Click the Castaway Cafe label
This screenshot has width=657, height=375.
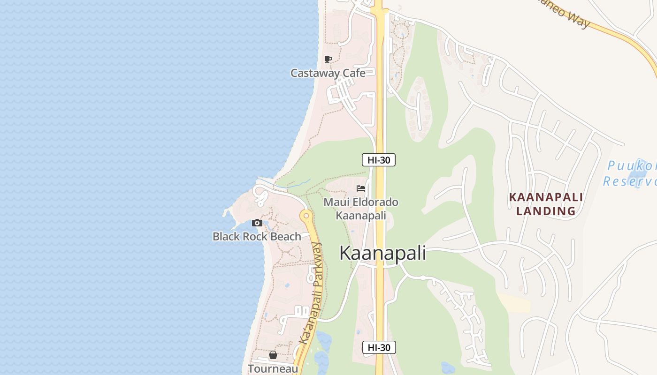point(328,73)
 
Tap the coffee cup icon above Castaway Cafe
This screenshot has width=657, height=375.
point(328,60)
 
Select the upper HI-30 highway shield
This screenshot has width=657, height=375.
point(379,160)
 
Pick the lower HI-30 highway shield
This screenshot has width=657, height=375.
point(379,347)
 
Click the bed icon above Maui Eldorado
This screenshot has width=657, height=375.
point(361,188)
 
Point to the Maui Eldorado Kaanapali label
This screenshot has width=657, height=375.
point(361,209)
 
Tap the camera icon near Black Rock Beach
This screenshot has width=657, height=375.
point(257,223)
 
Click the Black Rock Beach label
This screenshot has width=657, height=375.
point(257,236)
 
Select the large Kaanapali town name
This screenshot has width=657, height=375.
point(382,253)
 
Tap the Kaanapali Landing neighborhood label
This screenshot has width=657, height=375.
point(546,204)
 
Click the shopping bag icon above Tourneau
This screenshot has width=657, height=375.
point(273,355)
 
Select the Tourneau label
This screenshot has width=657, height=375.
point(273,368)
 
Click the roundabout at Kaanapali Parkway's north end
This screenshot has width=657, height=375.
point(306,216)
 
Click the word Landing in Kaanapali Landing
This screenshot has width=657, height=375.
point(546,211)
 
